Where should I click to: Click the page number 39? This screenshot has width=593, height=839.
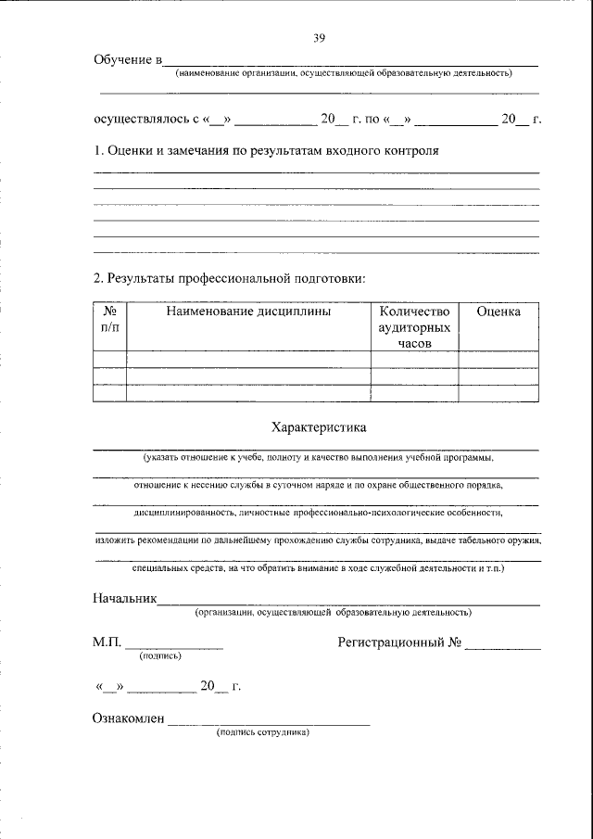(x=319, y=38)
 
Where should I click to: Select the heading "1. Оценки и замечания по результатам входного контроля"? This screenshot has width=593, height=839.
(x=266, y=150)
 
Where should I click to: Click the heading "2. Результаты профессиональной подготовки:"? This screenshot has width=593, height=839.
(x=230, y=277)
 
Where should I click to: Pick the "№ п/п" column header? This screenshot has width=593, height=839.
(x=109, y=319)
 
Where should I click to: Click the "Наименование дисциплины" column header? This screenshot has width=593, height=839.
(x=248, y=311)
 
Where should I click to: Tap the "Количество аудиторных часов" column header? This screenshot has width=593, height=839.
(x=414, y=327)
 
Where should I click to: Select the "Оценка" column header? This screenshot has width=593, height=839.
(x=498, y=311)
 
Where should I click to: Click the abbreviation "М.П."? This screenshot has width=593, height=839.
(x=107, y=641)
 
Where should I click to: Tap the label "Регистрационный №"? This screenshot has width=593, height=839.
(x=399, y=641)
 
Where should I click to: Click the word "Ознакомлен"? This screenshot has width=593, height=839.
(x=129, y=717)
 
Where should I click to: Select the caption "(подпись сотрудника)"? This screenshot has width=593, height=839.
(x=262, y=731)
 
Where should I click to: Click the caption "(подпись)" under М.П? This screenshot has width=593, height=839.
(x=160, y=655)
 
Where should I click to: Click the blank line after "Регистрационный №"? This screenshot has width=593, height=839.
(x=503, y=645)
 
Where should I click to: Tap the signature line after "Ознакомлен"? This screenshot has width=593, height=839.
(x=269, y=721)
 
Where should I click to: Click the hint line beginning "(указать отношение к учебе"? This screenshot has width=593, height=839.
(x=318, y=458)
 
